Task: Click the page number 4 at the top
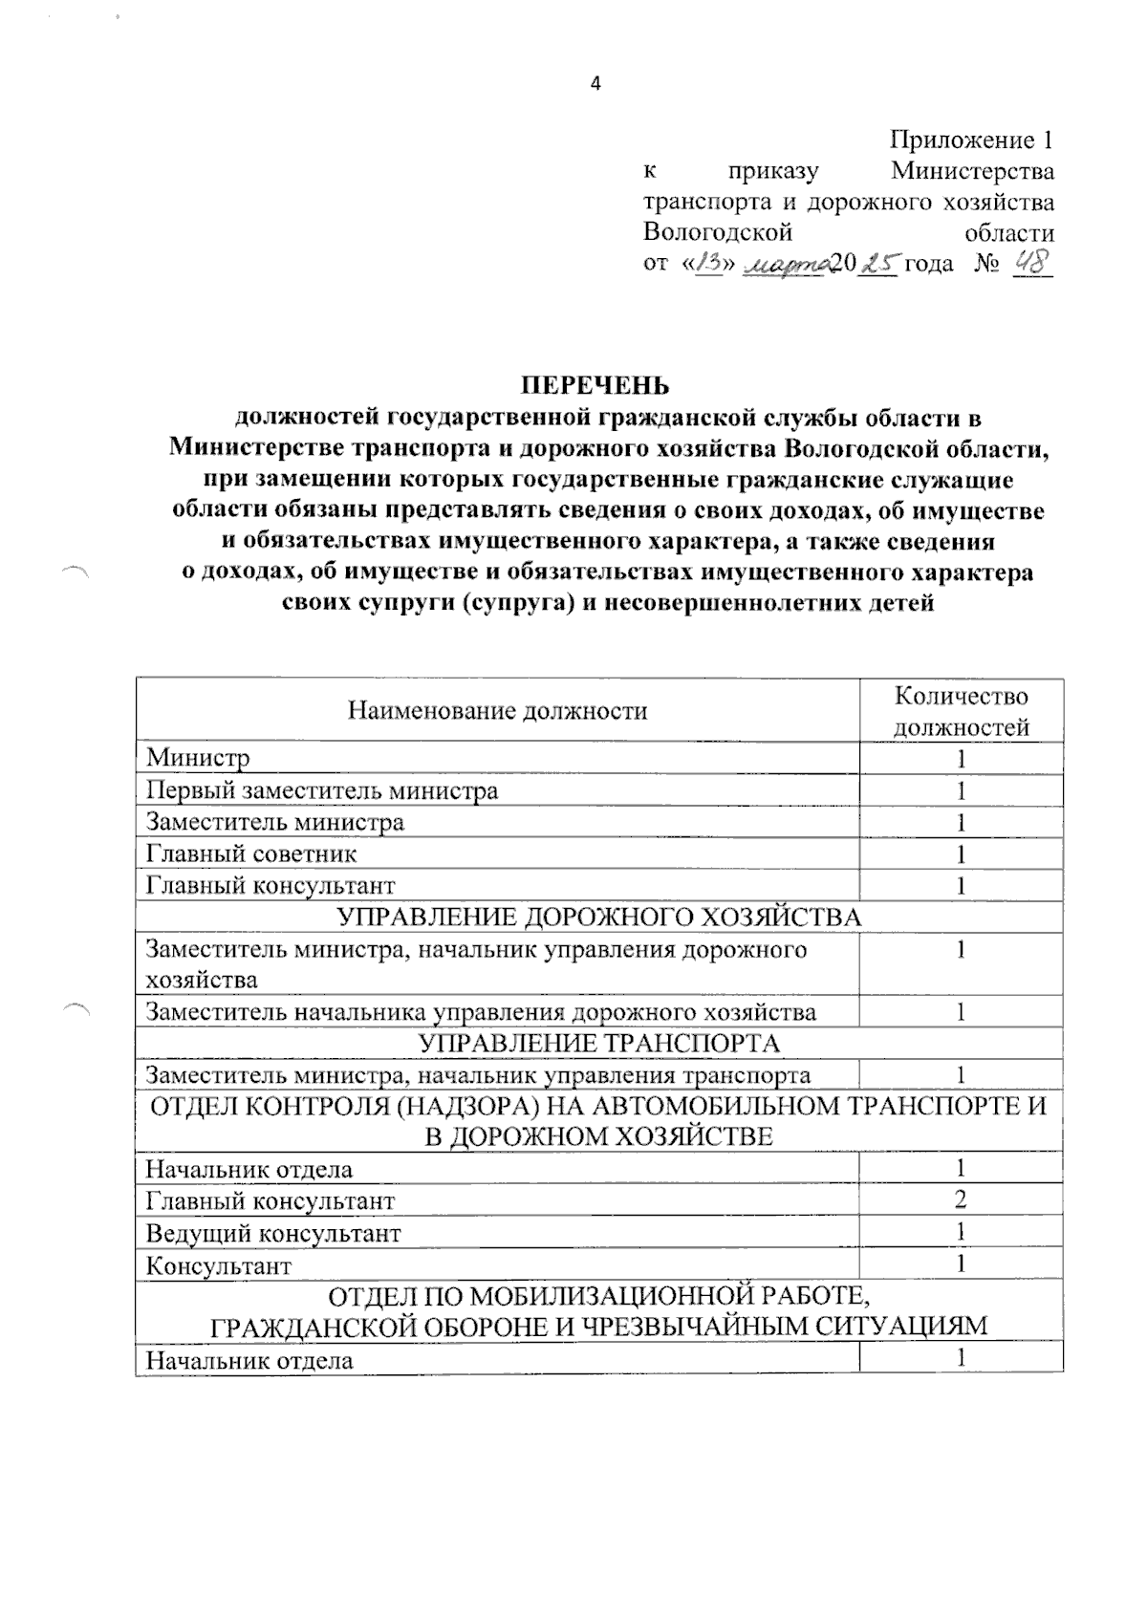pos(595,84)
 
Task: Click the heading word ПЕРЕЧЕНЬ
pos(595,385)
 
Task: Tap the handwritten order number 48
pos(1030,262)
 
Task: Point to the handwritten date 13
pos(711,264)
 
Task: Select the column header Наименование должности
pos(497,710)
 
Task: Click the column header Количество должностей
pos(961,711)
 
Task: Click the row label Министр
pos(198,759)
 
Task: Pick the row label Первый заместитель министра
pos(321,790)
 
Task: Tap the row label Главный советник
pos(251,853)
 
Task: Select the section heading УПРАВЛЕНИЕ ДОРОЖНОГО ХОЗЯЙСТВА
pos(599,918)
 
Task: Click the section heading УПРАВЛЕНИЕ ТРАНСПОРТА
pos(599,1043)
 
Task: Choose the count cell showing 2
pos(961,1199)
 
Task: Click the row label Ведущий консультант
pos(273,1233)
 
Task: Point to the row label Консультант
pos(219,1265)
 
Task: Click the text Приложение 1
pos(971,140)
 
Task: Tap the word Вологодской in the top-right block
pos(718,232)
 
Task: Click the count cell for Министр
pos(961,759)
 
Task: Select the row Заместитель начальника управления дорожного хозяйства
pos(481,1012)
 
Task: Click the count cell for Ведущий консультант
pos(961,1232)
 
